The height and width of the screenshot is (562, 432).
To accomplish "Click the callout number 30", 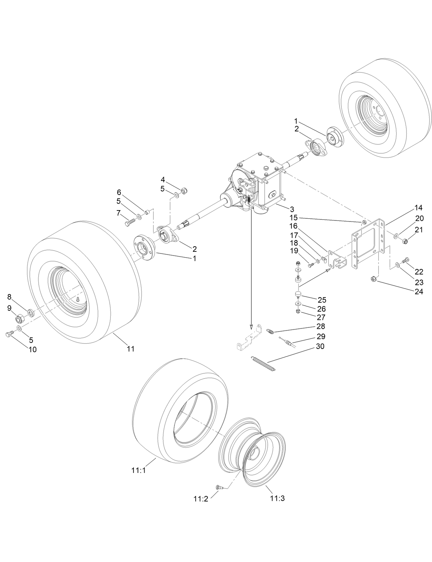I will coord(320,346).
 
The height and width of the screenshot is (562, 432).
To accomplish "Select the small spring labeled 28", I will coord(270,331).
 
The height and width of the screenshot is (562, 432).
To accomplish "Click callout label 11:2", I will coord(201,499).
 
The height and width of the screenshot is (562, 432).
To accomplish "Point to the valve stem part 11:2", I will coord(219,487).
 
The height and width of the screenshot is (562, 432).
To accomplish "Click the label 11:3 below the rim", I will coord(277,498).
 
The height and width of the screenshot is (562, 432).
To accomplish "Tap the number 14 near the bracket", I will coord(418,208).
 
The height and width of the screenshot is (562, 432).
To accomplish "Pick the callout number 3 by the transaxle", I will coord(292,209).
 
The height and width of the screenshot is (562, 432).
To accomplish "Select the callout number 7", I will coord(118,213).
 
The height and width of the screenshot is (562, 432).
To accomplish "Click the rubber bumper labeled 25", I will coord(297,294).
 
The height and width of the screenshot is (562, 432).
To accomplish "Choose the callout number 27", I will coord(321,317).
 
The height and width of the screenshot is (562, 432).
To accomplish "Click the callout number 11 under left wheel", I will coord(130,349).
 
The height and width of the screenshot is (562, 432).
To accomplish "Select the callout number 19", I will coord(294,251).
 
